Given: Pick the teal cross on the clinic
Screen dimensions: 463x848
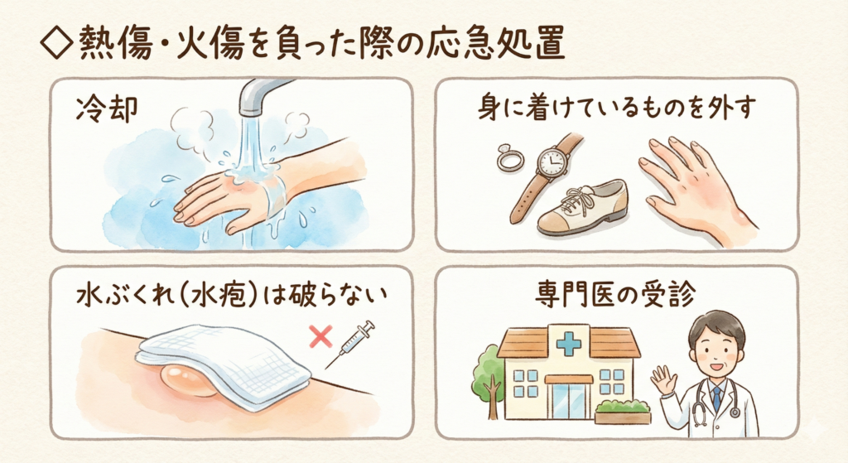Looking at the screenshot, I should click(x=568, y=341).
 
